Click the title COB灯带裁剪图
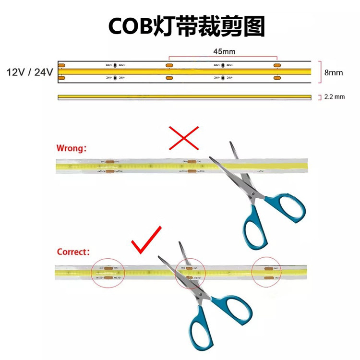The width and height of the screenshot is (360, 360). (x=187, y=26)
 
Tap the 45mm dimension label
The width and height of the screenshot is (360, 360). (x=224, y=51)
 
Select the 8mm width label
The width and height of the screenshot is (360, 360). (x=334, y=73)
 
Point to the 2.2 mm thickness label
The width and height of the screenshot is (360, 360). (x=335, y=96)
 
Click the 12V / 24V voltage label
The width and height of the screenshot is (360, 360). (x=29, y=72)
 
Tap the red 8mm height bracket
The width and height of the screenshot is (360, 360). (x=319, y=72)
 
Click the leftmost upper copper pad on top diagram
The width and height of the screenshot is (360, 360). (x=62, y=65)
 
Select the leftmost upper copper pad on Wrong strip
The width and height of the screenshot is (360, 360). (x=108, y=162)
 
